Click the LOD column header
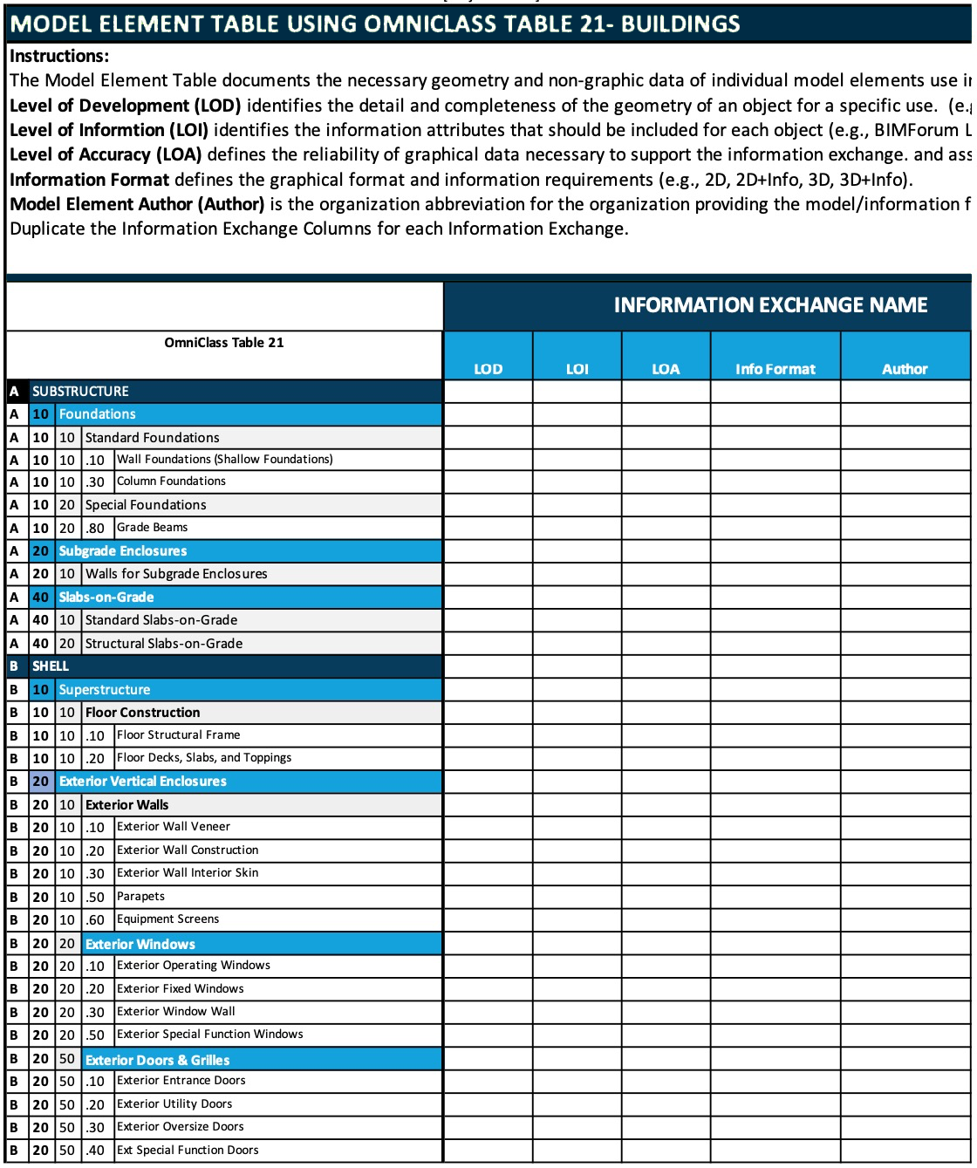coord(488,369)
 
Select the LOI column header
coord(577,369)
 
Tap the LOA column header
coord(666,369)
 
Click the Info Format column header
coord(775,369)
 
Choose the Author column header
coord(905,369)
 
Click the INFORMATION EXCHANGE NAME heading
coord(770,305)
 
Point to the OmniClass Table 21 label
coord(224,343)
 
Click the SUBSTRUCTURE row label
coord(80,392)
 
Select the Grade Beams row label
coord(152,528)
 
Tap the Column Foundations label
coord(171,482)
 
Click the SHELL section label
coord(51,666)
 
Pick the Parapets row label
coord(140,897)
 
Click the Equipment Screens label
coord(167,919)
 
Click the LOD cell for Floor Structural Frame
coord(488,735)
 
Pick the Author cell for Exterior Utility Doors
coord(905,1104)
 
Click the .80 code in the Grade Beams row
coord(96,529)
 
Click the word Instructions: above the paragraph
coord(59,56)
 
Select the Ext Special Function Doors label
coord(188,1151)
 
